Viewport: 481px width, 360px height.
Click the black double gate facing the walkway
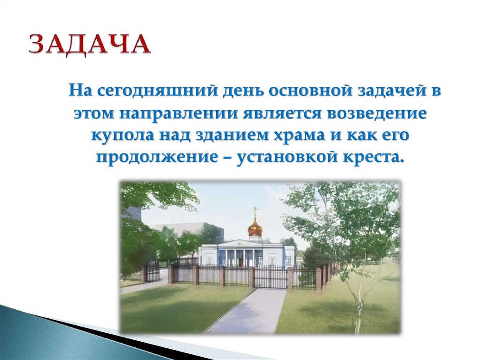[270, 277]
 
